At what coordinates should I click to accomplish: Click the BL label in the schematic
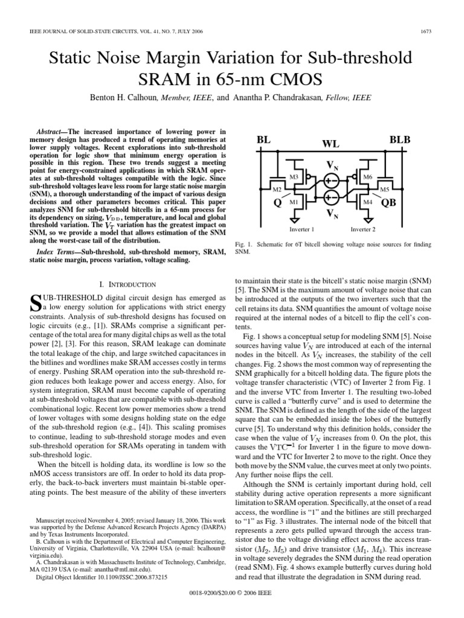(264, 139)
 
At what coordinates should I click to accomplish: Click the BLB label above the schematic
(399, 139)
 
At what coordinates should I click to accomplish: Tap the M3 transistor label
(295, 176)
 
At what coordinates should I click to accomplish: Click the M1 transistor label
(294, 202)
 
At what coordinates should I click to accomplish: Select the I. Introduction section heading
(127, 284)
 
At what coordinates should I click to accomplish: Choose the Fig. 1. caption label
(243, 244)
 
